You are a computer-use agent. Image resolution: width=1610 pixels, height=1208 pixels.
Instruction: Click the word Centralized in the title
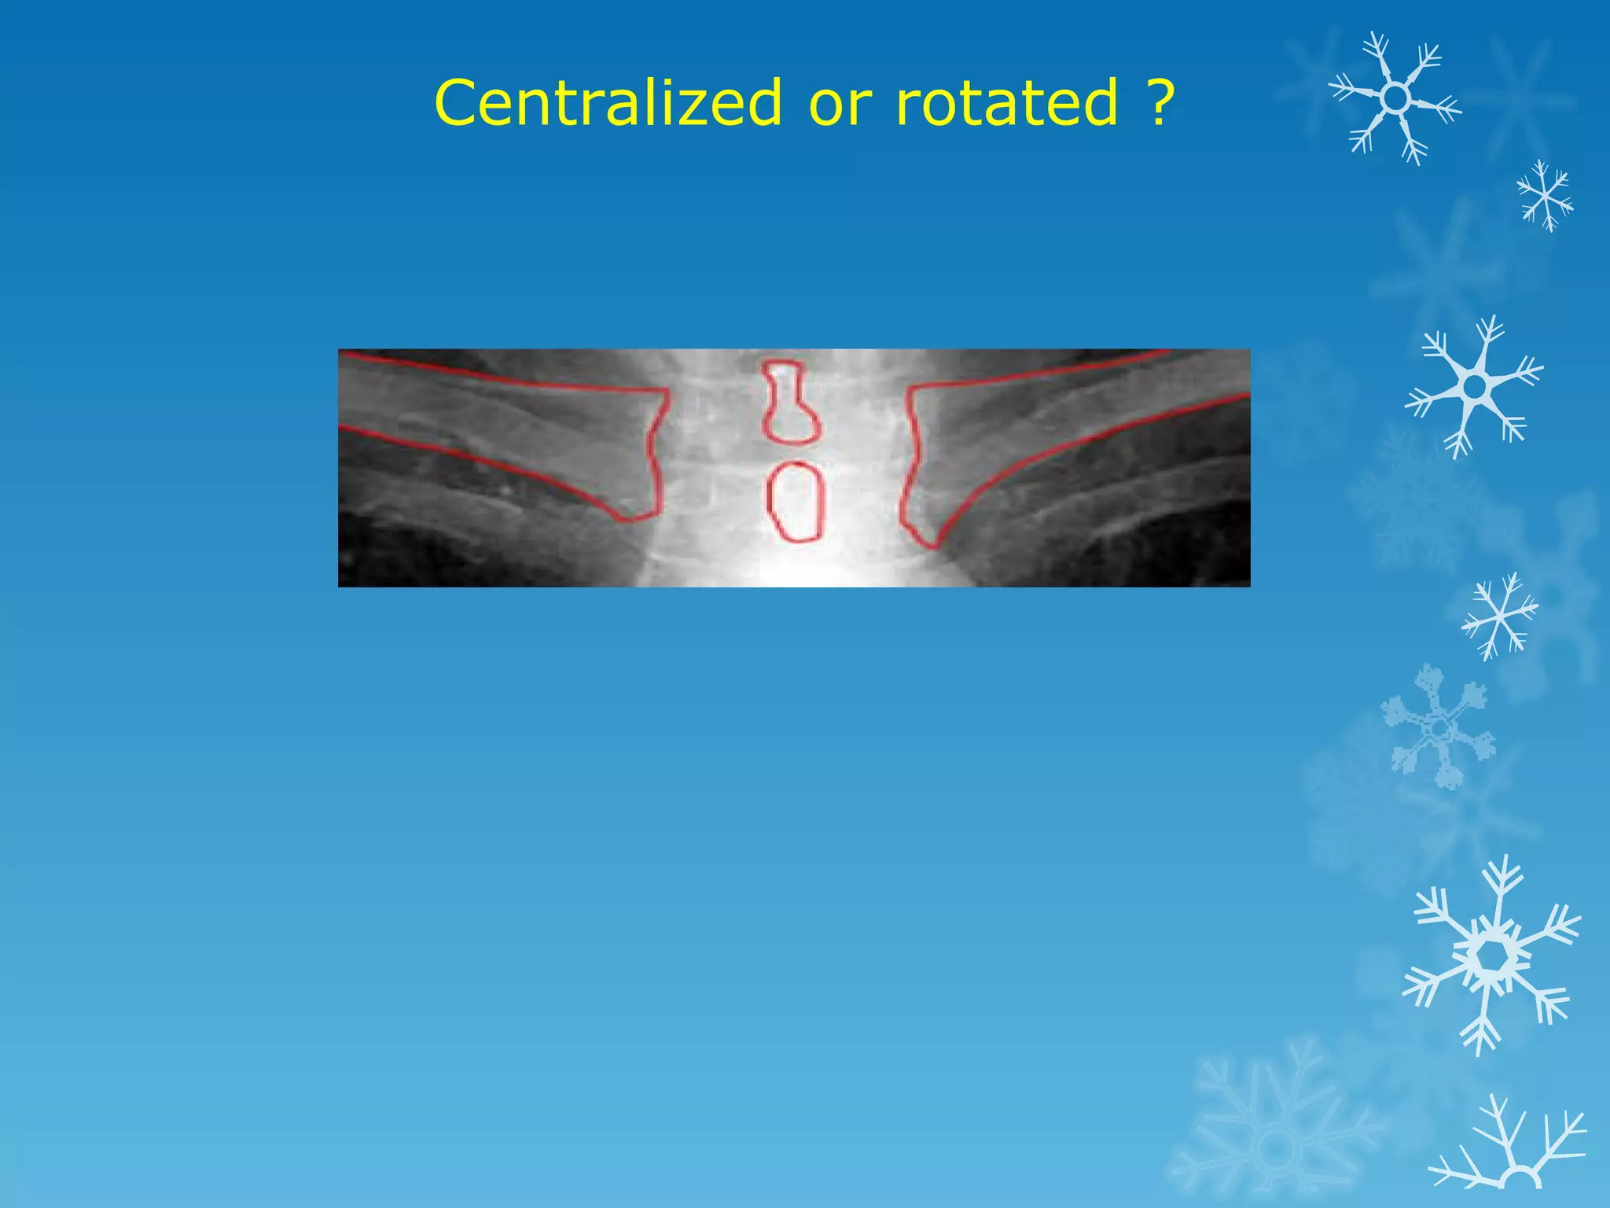[x=608, y=102]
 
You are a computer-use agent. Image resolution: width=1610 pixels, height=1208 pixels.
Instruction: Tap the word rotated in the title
[x=1007, y=102]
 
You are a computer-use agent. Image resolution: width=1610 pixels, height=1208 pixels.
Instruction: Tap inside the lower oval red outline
[x=796, y=502]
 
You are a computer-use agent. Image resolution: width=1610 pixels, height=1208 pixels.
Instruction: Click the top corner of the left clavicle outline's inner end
[x=667, y=390]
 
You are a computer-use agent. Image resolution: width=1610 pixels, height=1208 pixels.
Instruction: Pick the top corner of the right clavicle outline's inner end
[x=910, y=387]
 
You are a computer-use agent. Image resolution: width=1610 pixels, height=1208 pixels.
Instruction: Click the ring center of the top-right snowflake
[x=1395, y=98]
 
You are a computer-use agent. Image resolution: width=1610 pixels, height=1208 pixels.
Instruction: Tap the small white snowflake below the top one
[x=1545, y=196]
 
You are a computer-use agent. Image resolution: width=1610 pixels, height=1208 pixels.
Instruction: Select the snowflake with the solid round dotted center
[x=1474, y=386]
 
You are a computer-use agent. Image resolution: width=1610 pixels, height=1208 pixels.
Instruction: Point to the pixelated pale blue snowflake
[x=1439, y=727]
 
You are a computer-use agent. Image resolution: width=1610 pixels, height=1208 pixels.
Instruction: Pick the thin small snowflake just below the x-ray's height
[x=1500, y=616]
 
